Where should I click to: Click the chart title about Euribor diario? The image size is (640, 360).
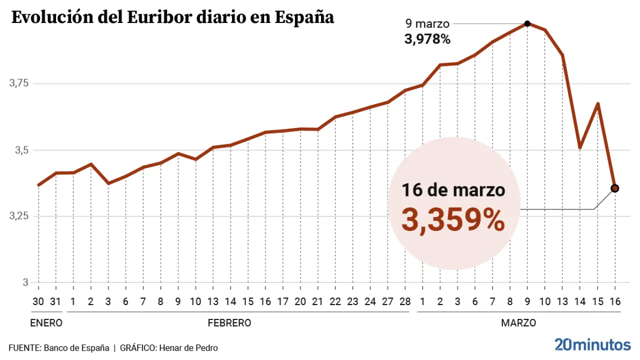172,17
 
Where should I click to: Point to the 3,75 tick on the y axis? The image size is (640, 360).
19,83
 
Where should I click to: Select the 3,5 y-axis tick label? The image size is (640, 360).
22,150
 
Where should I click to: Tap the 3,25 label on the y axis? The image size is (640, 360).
19,216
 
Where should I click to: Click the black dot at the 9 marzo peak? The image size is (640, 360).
527,23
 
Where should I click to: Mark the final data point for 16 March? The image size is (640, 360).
614,188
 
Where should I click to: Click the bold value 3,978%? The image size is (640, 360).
427,39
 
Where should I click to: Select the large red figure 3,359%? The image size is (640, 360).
453,220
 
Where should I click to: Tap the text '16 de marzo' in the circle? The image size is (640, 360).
453,190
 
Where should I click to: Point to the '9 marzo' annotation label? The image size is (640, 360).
427,23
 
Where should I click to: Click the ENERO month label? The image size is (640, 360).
46,323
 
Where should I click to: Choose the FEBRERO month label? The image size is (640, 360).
229,323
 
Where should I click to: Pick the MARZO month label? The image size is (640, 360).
518,323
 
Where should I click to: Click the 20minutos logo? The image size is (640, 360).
592,344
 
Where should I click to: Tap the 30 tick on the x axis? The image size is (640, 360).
38,301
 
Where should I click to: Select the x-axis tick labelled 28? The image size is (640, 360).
405,301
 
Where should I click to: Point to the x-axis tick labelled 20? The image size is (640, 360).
300,301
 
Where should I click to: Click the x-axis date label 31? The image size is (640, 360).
56,301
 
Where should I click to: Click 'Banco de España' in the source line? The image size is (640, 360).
76,348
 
